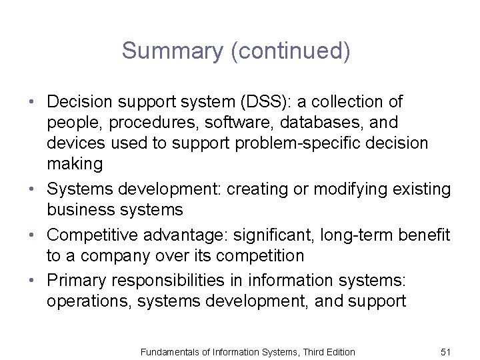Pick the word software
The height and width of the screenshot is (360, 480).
247,123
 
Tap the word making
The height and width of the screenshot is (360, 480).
74,163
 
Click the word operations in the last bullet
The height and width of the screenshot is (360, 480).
89,302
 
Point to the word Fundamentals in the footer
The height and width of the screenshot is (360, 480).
166,352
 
